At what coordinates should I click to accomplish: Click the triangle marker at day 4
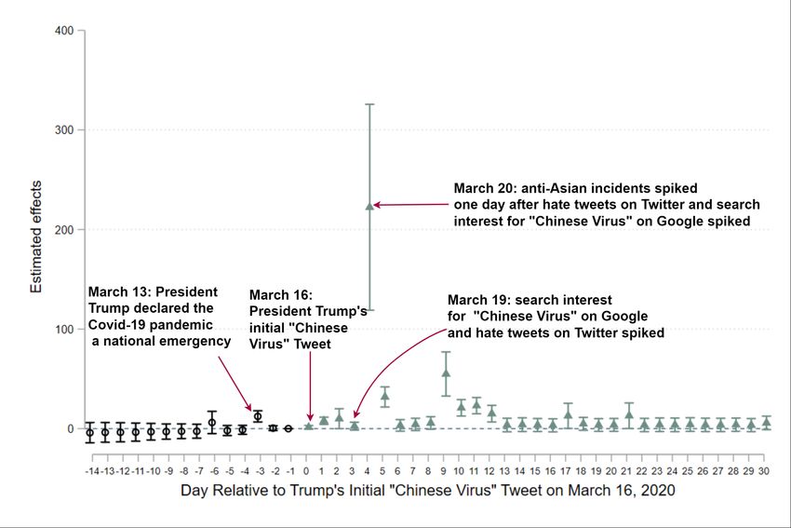369,206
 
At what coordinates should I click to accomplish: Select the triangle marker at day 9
446,373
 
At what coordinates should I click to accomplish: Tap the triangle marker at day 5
384,396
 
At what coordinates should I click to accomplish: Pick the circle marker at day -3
258,416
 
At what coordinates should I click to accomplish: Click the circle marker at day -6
212,423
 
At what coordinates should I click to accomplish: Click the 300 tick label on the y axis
63,130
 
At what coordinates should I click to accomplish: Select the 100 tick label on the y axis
63,330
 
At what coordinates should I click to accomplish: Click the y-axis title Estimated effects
36,230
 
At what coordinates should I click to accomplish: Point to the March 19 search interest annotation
555,316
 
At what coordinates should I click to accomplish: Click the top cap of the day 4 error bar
369,104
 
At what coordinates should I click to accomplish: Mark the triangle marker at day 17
568,414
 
